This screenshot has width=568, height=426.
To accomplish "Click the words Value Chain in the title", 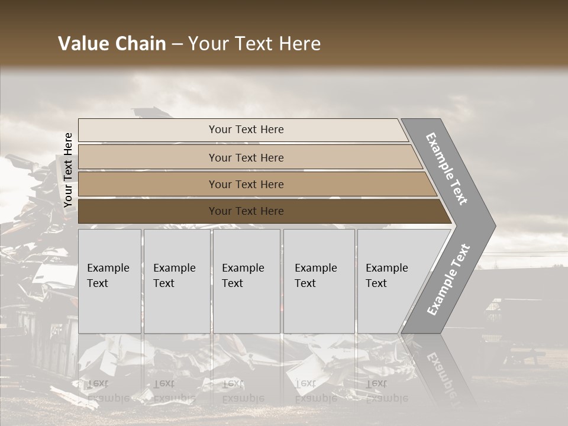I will pyautogui.click(x=112, y=44).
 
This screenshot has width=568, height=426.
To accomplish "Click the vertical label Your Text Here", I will pyautogui.click(x=69, y=170).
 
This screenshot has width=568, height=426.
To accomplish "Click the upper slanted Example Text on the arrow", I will pyautogui.click(x=447, y=169).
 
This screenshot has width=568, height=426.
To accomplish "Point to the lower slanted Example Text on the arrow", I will pyautogui.click(x=448, y=280).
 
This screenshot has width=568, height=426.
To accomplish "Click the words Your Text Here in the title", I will pyautogui.click(x=254, y=44).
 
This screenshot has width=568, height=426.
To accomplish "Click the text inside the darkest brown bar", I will pyautogui.click(x=246, y=211).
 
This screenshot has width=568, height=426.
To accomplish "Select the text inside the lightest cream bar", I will pyautogui.click(x=246, y=130).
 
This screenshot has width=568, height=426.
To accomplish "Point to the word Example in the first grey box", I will pyautogui.click(x=108, y=268).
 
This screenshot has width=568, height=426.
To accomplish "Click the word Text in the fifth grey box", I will pyautogui.click(x=376, y=283).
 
